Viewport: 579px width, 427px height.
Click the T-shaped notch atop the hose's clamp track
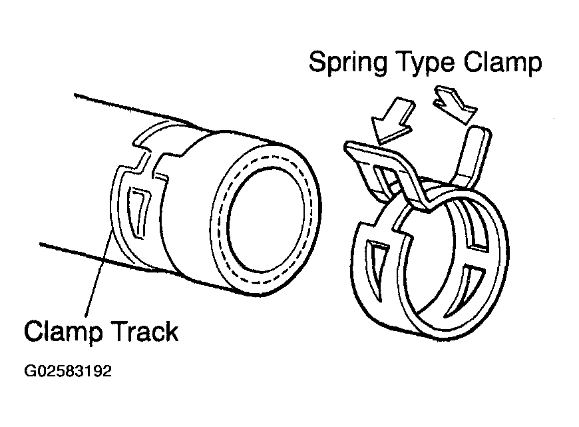click(x=150, y=160)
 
